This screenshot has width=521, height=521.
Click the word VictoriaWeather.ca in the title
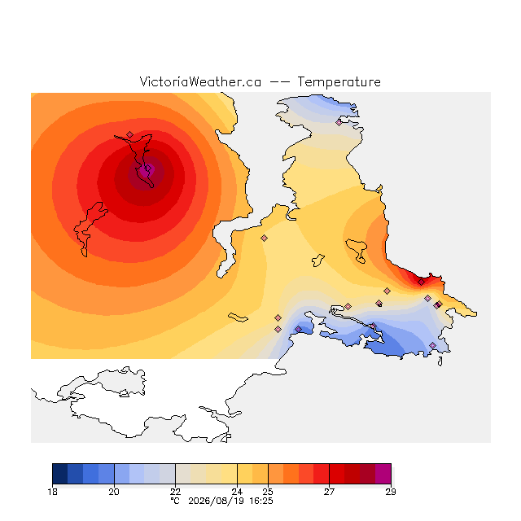click(200, 82)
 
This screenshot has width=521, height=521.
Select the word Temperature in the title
click(339, 82)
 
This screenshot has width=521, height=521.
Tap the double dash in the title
click(279, 82)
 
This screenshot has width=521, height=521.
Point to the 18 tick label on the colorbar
click(52, 492)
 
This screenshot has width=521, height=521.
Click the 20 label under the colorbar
click(114, 492)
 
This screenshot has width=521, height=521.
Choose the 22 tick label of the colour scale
click(176, 492)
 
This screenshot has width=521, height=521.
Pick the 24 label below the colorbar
click(237, 492)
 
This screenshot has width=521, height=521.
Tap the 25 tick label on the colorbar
click(268, 492)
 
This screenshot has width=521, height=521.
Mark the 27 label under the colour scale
click(329, 492)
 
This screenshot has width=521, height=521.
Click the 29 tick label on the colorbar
click(391, 492)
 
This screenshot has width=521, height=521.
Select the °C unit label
click(175, 501)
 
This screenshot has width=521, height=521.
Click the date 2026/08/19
click(216, 501)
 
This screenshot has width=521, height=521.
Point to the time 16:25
click(261, 501)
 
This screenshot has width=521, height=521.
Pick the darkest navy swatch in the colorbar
click(60, 474)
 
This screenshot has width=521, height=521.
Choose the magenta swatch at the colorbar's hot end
click(383, 474)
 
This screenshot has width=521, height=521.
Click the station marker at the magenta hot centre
click(148, 169)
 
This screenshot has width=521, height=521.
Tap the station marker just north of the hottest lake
click(129, 134)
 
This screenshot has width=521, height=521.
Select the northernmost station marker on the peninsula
click(339, 123)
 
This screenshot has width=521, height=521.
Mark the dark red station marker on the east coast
click(422, 282)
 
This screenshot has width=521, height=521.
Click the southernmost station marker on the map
click(432, 345)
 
